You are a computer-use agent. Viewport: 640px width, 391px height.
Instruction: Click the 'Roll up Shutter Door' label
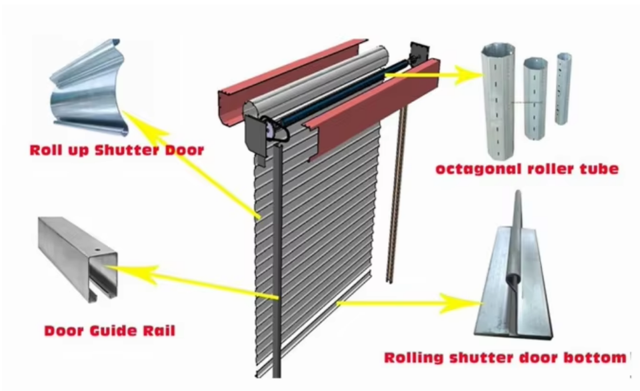coord(117,149)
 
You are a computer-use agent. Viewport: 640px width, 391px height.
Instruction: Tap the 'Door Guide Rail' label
coord(109,330)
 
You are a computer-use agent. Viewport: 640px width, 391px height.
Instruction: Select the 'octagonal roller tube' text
coord(527,169)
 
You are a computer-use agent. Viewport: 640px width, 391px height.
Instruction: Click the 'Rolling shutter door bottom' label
coord(505,357)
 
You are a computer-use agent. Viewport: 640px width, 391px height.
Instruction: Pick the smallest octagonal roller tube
coord(563,88)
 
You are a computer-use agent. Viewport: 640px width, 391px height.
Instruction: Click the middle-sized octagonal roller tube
coord(535,99)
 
